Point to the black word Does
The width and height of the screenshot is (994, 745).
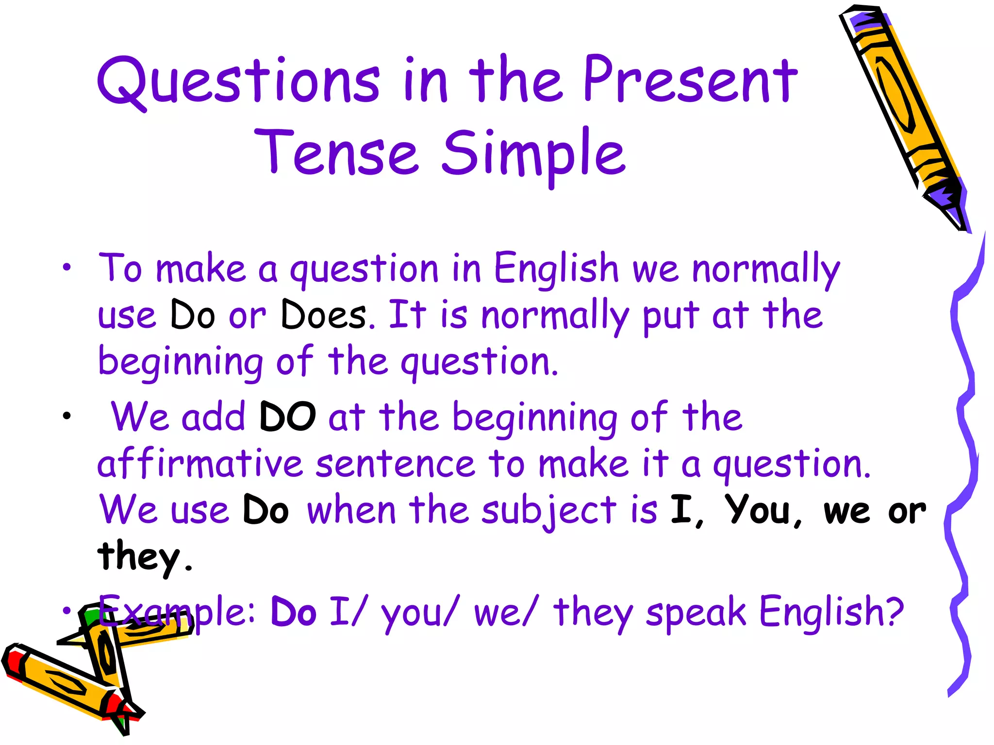click(x=324, y=315)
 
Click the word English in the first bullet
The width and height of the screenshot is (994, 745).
click(x=556, y=268)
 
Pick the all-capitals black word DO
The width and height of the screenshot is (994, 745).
click(x=287, y=417)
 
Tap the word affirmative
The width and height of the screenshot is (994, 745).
click(x=200, y=464)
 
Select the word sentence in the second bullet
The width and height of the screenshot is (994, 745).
click(x=395, y=464)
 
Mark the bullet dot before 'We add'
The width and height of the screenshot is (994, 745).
click(x=66, y=416)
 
